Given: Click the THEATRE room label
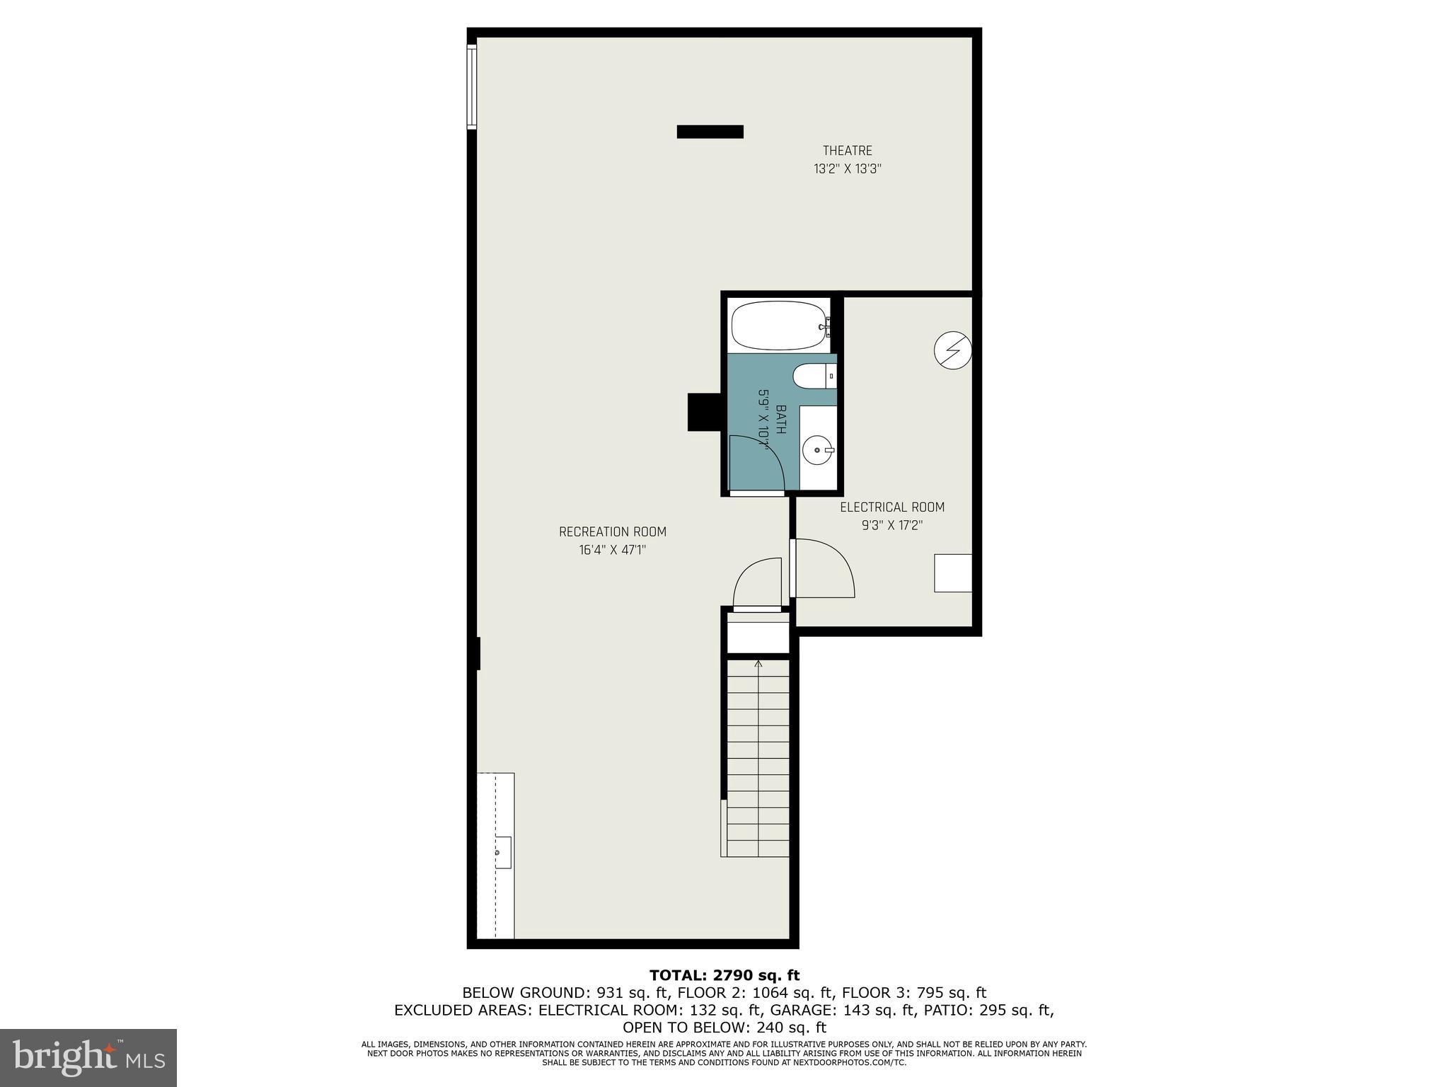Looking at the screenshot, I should click(x=847, y=151).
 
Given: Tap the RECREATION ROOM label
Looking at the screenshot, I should click(x=612, y=531).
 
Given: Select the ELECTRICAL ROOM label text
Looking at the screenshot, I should click(x=891, y=507).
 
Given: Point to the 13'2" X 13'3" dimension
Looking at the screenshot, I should click(x=847, y=169).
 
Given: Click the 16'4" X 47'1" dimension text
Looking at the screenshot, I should click(x=612, y=550).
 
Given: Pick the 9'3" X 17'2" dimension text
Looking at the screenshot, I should click(x=891, y=525).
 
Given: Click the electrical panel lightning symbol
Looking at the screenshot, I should click(x=952, y=350).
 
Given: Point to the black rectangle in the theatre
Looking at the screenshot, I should click(x=710, y=132).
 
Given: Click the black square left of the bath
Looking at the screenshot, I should click(x=704, y=412).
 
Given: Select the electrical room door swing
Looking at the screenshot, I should click(x=824, y=566).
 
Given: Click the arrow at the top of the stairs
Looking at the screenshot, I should click(x=758, y=664).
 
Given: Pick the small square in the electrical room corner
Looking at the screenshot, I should click(x=952, y=573).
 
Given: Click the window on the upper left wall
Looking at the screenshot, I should click(x=471, y=86).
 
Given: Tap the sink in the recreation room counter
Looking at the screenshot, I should click(x=502, y=852).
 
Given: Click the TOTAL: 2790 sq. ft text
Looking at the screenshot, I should click(x=724, y=975).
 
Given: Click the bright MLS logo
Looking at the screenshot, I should click(x=88, y=1057).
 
